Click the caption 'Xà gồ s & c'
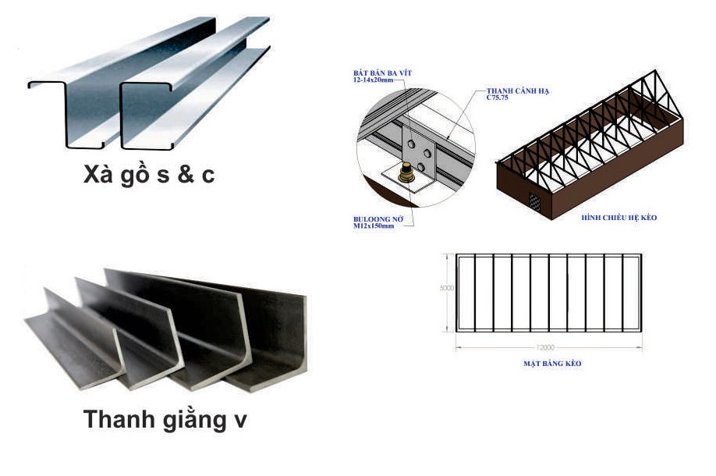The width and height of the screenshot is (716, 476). point(149,175)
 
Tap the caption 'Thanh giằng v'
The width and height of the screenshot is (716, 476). point(165,420)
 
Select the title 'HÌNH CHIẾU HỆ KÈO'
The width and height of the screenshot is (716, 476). point(620,217)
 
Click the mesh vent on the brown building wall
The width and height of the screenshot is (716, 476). point(537,201)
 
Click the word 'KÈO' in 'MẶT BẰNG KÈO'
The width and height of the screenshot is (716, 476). point(572,364)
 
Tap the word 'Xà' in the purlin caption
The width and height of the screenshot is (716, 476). point(97,175)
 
